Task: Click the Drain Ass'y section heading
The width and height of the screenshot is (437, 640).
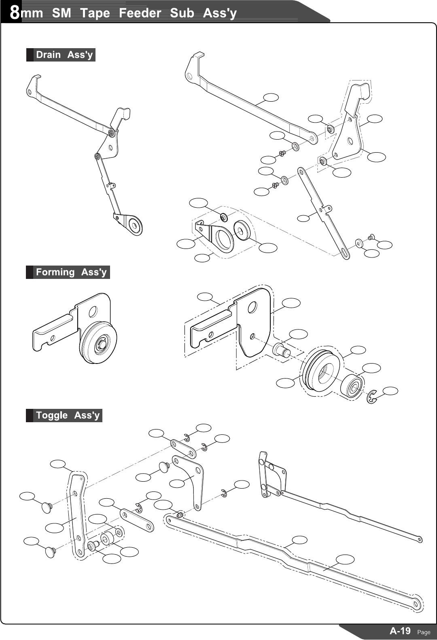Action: tap(64, 55)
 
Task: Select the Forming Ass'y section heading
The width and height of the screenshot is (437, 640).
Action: tap(71, 272)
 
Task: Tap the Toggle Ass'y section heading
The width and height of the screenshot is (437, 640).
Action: tap(67, 415)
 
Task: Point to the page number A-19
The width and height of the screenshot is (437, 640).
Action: tap(400, 631)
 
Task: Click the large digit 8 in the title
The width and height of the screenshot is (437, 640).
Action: tap(15, 12)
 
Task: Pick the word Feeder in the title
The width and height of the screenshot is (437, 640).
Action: tap(140, 13)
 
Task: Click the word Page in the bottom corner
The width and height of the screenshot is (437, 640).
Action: tap(424, 632)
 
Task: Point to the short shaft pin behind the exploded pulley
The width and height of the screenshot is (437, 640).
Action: tap(281, 349)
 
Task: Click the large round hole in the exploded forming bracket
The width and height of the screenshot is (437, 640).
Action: tap(252, 308)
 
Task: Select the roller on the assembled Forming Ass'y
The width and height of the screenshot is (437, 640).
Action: tap(99, 342)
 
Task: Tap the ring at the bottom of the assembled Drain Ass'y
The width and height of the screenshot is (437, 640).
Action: tap(134, 225)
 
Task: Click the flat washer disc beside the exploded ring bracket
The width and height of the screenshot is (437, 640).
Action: tap(243, 230)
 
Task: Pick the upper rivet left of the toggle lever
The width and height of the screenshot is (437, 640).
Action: tap(47, 506)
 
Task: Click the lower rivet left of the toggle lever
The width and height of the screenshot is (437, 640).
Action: tap(51, 551)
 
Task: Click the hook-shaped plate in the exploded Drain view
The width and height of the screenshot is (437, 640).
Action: tap(350, 121)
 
